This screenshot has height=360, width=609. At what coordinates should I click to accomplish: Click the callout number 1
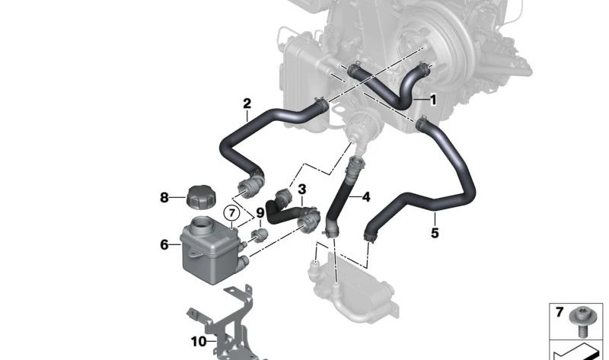pos(433,100)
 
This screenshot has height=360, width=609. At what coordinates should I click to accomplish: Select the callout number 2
pos(247,103)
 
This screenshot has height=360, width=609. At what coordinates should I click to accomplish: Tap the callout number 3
pos(302,189)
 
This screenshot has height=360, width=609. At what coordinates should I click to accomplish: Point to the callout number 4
pos(365,197)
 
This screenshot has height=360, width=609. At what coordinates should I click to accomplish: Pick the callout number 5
pos(435,234)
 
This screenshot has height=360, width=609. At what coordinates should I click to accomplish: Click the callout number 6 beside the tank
pos(164,244)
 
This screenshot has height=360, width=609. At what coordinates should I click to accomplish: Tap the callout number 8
pos(164,198)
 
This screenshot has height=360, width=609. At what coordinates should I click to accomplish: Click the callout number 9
pos(260,212)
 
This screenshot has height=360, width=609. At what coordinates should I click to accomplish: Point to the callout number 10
pos(198,342)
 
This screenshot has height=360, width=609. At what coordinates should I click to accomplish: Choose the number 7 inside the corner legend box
pos(559,313)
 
